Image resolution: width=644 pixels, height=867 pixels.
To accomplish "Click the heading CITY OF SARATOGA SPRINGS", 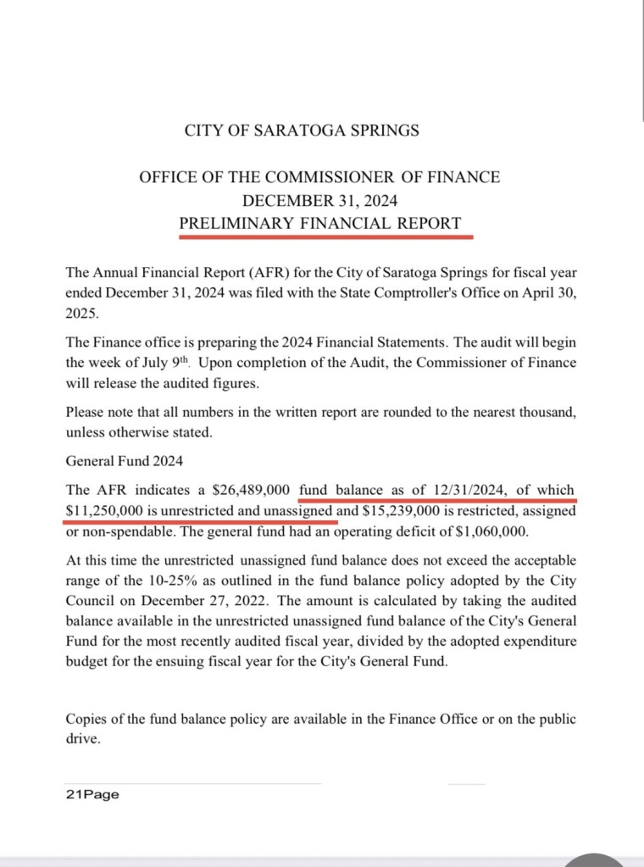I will pyautogui.click(x=302, y=131).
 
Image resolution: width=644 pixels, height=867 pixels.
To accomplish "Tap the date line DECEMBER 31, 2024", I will pyautogui.click(x=319, y=201).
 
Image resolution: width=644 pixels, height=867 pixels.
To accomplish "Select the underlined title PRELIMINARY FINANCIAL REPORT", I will pyautogui.click(x=320, y=224).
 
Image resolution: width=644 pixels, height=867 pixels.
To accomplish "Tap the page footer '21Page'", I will pyautogui.click(x=92, y=794).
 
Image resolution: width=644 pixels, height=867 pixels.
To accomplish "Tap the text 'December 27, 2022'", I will pyautogui.click(x=170, y=603).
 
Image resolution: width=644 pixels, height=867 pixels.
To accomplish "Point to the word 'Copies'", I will pyautogui.click(x=86, y=719).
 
